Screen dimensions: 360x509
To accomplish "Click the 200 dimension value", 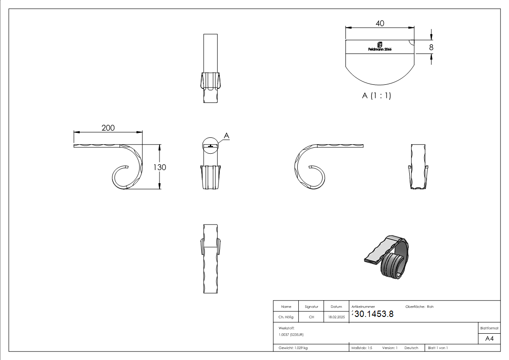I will click(x=108, y=128).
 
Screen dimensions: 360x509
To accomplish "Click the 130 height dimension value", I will click(x=159, y=167).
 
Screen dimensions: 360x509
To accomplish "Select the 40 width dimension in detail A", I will click(x=380, y=23).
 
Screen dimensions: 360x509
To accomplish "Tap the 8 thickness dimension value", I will click(x=431, y=47).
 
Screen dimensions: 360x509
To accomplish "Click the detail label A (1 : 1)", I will click(x=376, y=96).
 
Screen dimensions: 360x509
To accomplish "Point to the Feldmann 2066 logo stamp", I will click(x=380, y=47).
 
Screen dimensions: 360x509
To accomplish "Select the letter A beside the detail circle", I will click(x=227, y=136).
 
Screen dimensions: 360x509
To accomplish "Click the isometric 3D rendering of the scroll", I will click(x=387, y=257).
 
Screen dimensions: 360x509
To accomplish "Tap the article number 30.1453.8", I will click(x=370, y=315).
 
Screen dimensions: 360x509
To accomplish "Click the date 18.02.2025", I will click(x=336, y=317).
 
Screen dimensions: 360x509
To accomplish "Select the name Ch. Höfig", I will click(x=286, y=317).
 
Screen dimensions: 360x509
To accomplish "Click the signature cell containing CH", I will click(x=311, y=317).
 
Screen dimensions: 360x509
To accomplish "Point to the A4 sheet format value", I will click(x=490, y=339).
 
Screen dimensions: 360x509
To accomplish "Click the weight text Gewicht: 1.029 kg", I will click(x=293, y=348).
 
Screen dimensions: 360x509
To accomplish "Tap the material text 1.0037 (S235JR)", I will click(x=291, y=334).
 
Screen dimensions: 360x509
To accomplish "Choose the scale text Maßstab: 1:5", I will click(x=362, y=348).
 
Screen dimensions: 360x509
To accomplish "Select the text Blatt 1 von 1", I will click(x=438, y=348).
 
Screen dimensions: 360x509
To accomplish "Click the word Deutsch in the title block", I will click(x=411, y=348).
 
